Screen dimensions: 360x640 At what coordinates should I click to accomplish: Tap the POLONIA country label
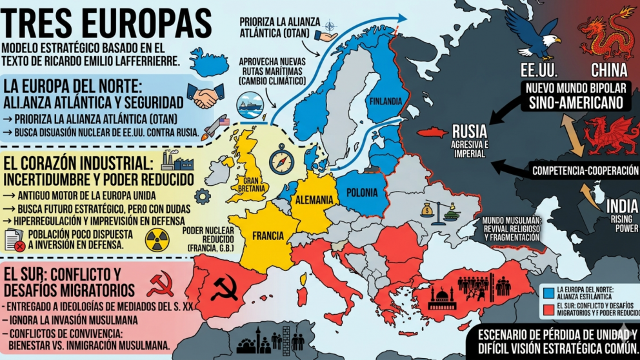pyautogui.click(x=366, y=192)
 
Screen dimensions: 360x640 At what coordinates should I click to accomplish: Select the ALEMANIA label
pyautogui.click(x=314, y=200)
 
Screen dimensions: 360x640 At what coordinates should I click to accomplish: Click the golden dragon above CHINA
pyautogui.click(x=606, y=32)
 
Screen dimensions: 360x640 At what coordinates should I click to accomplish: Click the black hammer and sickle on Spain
pyautogui.click(x=224, y=288)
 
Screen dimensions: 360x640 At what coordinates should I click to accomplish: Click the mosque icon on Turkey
pyautogui.click(x=442, y=297)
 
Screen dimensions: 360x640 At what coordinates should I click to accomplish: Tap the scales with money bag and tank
pyautogui.click(x=438, y=210)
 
